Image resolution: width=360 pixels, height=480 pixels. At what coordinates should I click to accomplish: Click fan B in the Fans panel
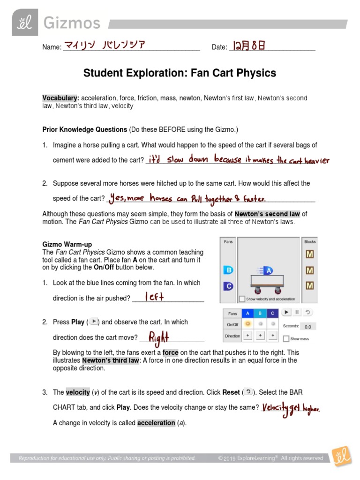click(x=228, y=270)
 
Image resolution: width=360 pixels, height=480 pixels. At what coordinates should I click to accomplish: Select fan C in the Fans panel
click(x=228, y=285)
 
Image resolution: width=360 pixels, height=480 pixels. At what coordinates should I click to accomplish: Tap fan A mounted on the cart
click(x=268, y=270)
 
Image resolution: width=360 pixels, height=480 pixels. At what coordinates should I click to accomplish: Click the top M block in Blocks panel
click(x=309, y=255)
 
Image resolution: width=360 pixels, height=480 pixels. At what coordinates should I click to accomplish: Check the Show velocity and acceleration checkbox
click(x=242, y=299)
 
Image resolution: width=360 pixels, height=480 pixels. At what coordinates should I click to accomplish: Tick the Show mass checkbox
click(x=286, y=338)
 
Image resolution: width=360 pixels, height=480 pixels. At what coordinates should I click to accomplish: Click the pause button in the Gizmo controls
click(x=297, y=312)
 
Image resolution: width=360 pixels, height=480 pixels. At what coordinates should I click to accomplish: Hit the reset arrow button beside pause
click(x=307, y=312)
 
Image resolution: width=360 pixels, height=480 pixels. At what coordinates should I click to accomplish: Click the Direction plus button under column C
click(x=272, y=336)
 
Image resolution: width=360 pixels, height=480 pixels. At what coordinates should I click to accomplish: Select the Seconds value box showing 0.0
click(x=307, y=327)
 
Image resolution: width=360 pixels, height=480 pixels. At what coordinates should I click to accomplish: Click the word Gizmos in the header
click(x=65, y=23)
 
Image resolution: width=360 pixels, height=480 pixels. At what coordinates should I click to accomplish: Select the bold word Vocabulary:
click(x=60, y=98)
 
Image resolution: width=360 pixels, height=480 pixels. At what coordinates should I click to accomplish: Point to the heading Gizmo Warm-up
click(x=67, y=244)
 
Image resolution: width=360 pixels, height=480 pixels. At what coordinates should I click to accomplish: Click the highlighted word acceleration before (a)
click(x=156, y=423)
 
